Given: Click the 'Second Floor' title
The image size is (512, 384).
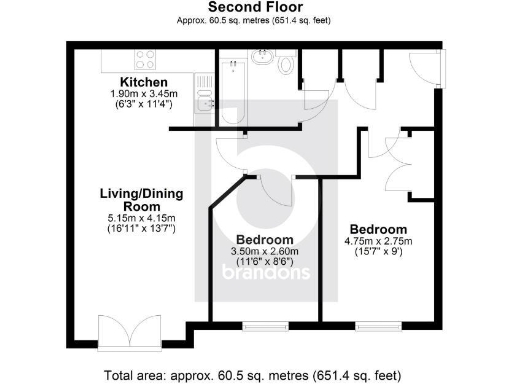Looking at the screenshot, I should point(255,7).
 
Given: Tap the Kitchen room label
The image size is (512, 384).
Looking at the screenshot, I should point(143,82).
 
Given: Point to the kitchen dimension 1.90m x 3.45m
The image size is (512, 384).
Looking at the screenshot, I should point(143,94).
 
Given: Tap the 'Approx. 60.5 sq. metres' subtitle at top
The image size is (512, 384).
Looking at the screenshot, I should point(255,20).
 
